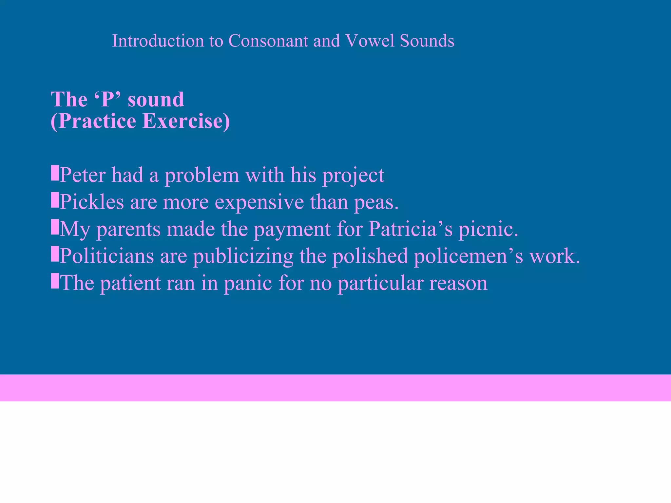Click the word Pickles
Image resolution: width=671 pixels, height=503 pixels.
(92, 202)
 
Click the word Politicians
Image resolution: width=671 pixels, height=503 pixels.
(106, 256)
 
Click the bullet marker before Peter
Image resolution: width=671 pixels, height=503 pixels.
(55, 173)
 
